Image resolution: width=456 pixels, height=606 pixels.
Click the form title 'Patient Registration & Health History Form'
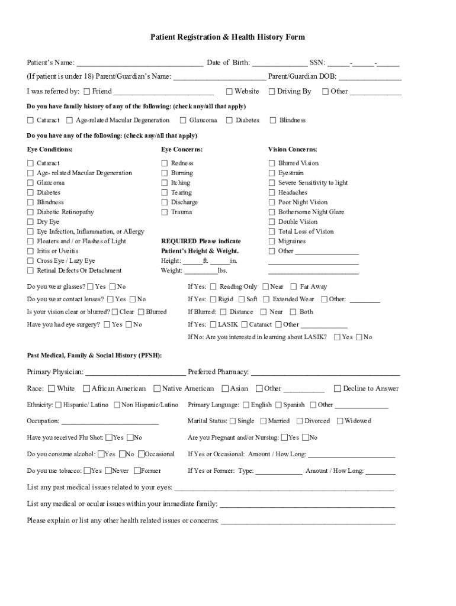(227, 37)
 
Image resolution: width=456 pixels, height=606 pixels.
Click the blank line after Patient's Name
(140, 63)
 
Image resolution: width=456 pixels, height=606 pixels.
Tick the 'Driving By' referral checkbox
(272, 92)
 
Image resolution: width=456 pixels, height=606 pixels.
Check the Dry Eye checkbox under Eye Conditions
(30, 222)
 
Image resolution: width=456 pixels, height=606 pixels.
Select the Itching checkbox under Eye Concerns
(165, 183)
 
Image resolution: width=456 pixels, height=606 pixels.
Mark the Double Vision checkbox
(272, 222)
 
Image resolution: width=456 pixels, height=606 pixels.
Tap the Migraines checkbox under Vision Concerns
(272, 241)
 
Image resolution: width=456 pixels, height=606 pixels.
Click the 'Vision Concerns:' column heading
(293, 150)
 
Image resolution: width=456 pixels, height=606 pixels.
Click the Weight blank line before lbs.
(201, 271)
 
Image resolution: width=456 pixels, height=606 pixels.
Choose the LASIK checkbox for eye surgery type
(211, 324)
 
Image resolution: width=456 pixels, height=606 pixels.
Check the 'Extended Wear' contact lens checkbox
(266, 299)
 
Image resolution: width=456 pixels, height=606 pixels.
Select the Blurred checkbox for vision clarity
(141, 312)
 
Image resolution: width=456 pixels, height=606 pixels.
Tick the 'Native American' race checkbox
(157, 389)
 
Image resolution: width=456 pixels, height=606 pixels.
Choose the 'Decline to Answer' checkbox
(338, 389)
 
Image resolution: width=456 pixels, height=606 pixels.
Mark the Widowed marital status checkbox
(339, 421)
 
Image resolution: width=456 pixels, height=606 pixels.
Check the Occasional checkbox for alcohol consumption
(140, 454)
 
